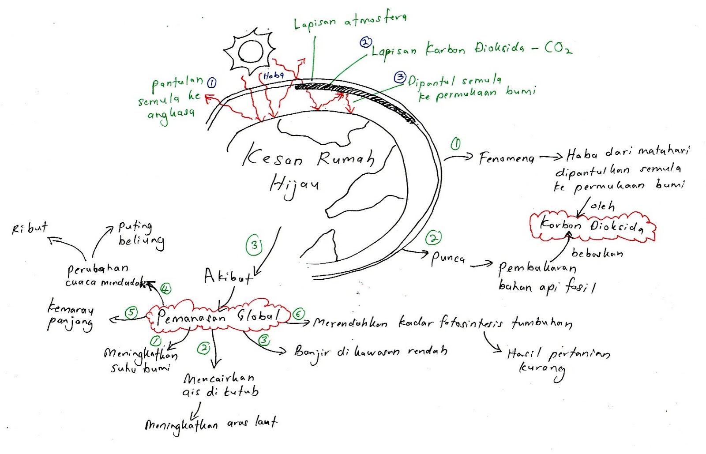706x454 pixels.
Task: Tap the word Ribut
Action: pos(30,228)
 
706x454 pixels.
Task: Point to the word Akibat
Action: pos(228,277)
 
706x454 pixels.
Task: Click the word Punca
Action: pos(448,258)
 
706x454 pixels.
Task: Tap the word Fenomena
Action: pos(507,158)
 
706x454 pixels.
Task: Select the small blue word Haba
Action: pos(273,76)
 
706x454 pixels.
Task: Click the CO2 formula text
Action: pos(558,48)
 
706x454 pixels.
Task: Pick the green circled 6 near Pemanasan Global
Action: pos(299,314)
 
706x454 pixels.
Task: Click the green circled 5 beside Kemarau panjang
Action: pos(131,313)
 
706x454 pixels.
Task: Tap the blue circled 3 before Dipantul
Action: pos(399,78)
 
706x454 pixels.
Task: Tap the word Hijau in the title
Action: pos(293,184)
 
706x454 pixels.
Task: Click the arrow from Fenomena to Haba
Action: pos(551,157)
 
